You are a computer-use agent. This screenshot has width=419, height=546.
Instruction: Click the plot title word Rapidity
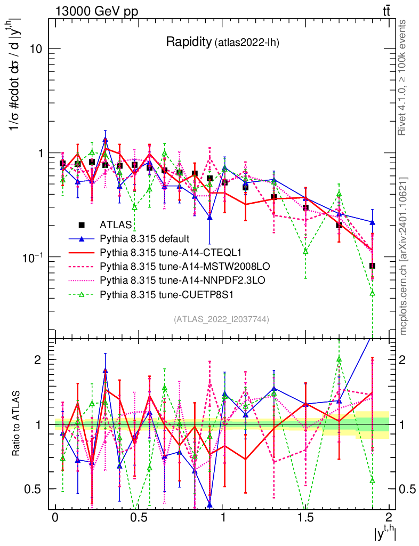[x=189, y=42]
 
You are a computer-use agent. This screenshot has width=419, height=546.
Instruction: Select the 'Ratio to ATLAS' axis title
[x=17, y=424]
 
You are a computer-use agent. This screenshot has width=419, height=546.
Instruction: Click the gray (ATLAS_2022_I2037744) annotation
[x=221, y=319]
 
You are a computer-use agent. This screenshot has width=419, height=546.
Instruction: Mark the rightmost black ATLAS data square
[x=372, y=266]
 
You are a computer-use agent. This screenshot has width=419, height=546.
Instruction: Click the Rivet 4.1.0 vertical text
[x=403, y=77]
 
